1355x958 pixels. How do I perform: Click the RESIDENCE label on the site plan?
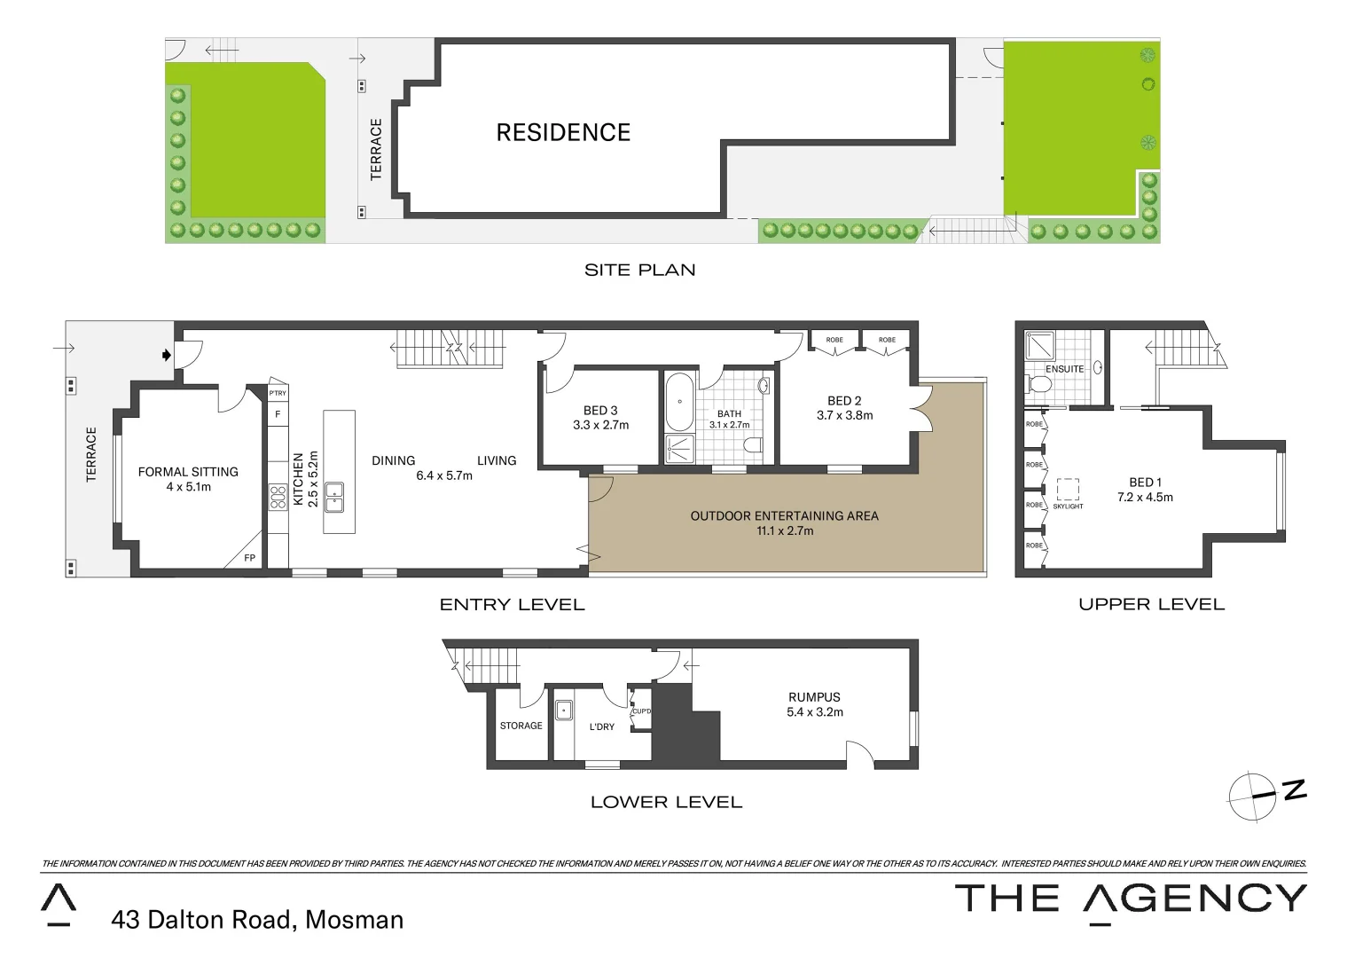click(563, 133)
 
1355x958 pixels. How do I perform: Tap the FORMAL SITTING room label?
click(188, 472)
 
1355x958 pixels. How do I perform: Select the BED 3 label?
click(600, 411)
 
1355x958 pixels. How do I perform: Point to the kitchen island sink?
click(334, 497)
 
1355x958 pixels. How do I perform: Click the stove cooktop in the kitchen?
click(278, 497)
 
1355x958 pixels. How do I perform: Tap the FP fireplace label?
click(250, 558)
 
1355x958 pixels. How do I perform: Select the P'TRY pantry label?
click(278, 393)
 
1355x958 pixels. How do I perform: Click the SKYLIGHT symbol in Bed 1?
click(1068, 490)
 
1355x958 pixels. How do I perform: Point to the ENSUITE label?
click(1064, 369)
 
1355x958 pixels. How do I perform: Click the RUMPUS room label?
click(814, 697)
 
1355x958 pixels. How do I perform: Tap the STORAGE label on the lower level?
click(521, 726)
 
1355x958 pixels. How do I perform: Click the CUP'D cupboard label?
click(641, 711)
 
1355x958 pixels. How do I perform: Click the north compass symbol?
click(1253, 796)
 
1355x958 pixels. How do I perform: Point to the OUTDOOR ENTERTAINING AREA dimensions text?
click(785, 531)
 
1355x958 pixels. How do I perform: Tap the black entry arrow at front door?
click(166, 355)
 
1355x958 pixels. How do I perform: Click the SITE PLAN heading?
click(639, 270)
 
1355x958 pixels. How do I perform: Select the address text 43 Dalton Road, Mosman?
click(257, 920)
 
